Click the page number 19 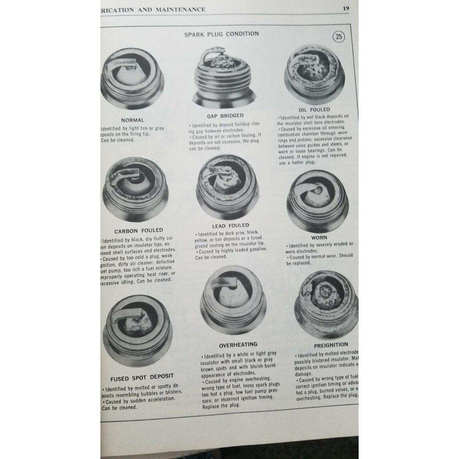346,9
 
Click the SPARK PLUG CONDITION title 221,34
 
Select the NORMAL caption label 132,120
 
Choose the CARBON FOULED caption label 138,230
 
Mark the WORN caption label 319,237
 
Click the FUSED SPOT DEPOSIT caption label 142,378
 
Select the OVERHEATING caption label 238,344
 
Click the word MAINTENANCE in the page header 180,9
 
